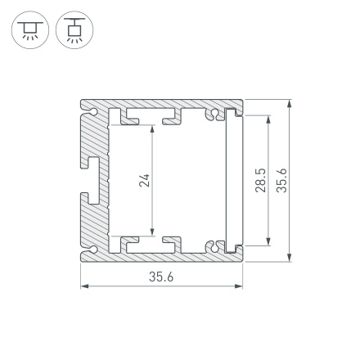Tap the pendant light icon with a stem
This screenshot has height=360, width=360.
[x=75, y=30]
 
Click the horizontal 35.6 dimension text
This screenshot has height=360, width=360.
[x=161, y=277]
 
